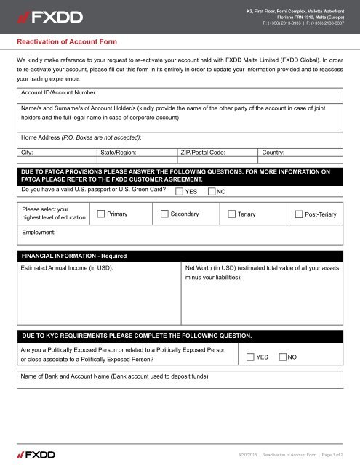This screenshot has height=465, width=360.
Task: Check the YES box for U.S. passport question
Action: pos(180,191)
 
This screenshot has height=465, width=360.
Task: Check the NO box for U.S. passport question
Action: pos(211,191)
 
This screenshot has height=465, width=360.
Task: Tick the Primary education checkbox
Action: pos(100,214)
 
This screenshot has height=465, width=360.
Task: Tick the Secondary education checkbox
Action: pos(164,214)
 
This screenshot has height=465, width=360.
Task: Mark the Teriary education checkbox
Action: pos(231,214)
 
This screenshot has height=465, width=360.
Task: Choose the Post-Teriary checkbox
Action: pos(299,214)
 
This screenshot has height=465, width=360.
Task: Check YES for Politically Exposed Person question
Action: pos(249,357)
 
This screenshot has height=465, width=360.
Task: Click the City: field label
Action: pos(31,153)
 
